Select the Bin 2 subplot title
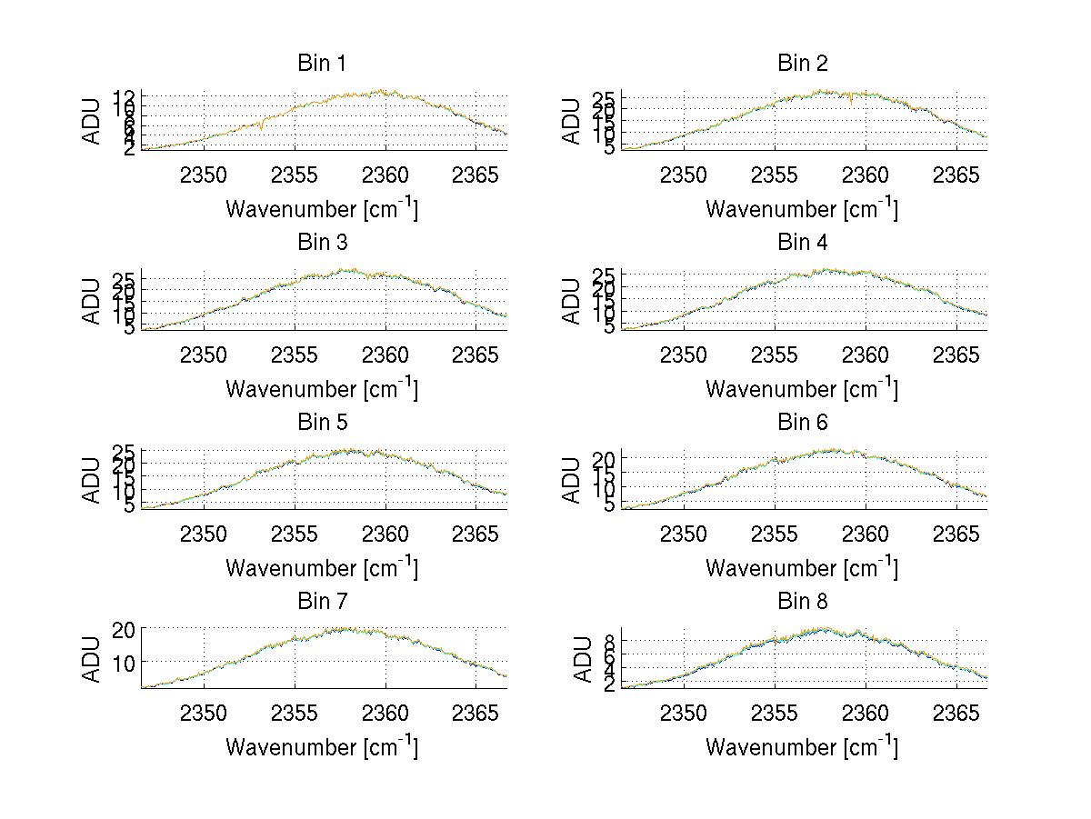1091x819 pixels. coord(802,64)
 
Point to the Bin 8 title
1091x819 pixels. coord(802,602)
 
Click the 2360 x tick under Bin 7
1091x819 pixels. coord(385,712)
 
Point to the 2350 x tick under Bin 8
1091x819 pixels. coord(684,712)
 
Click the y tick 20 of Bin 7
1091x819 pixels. coord(124,629)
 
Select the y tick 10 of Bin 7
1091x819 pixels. coord(124,663)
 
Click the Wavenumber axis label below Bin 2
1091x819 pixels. coord(802,210)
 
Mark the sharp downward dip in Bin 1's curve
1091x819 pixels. coord(261,129)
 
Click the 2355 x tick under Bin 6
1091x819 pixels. coord(775,533)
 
